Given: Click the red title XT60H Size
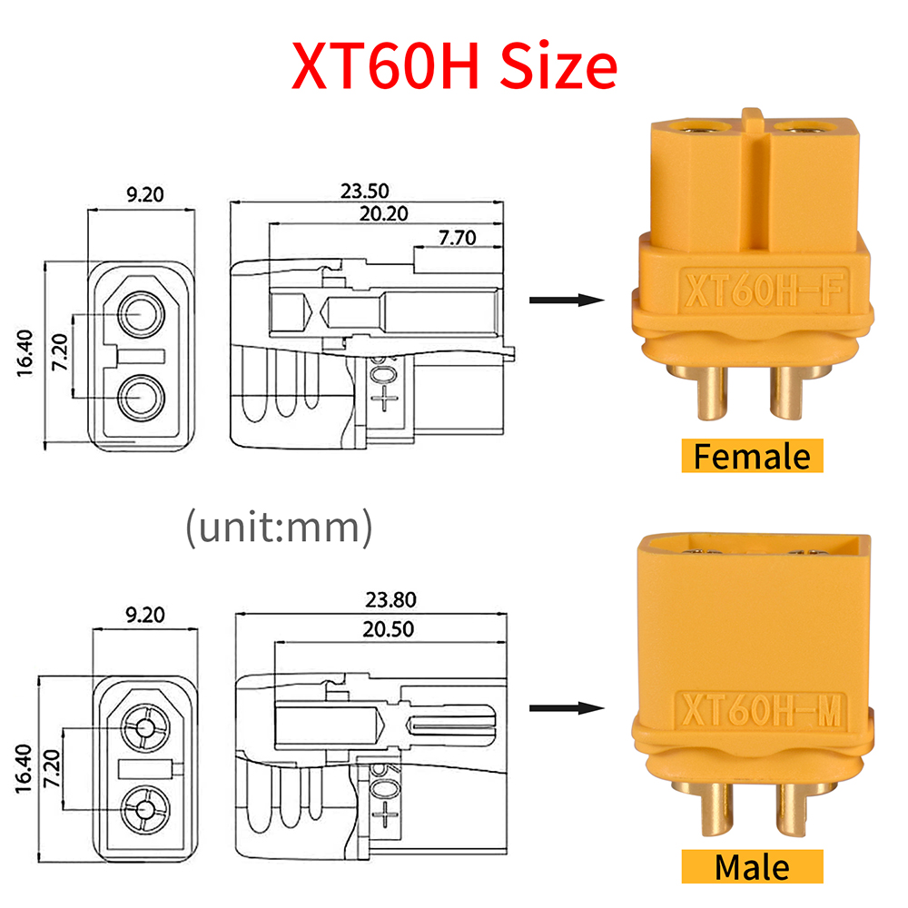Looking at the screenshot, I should coord(454,65).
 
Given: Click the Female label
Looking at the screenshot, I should coord(752,455).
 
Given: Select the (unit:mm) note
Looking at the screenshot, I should coord(278,528).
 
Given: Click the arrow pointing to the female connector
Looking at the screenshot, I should coord(566,301).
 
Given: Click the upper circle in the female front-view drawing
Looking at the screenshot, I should coord(141,315).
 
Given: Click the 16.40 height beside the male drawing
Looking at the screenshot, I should coord(25,767).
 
